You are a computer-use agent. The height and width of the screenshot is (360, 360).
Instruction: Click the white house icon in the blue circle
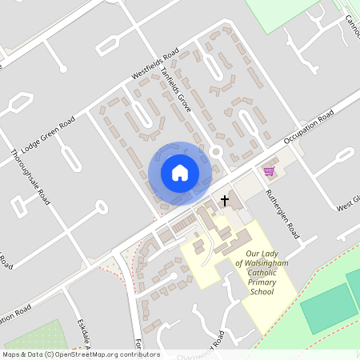coord(180,173)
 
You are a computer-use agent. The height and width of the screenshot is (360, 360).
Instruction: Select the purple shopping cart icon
coord(269,171)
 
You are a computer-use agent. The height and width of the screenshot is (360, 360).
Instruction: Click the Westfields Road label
coord(155,67)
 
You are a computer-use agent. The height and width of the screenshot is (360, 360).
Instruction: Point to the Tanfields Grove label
coord(176,89)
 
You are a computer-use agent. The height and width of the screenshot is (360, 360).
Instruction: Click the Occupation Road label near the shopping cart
coord(307,129)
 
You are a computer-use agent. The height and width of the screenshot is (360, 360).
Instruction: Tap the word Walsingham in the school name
coord(261,263)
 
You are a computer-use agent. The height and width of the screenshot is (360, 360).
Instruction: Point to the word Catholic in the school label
coord(262,273)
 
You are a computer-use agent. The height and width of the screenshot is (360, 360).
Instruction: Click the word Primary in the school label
coord(262,282)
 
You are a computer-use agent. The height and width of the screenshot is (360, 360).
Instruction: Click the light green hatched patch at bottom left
coord(32,337)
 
